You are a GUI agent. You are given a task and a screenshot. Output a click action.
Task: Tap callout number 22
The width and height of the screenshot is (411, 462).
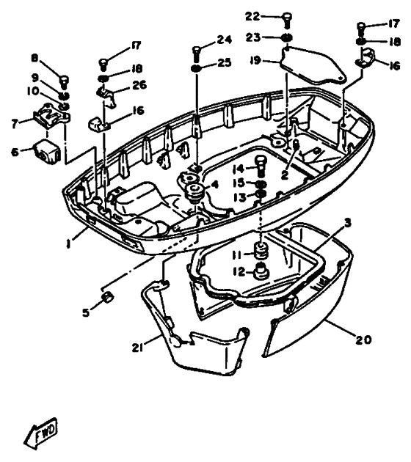pos(252,17)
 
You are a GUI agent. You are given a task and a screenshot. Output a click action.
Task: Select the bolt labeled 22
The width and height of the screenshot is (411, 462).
pos(287,20)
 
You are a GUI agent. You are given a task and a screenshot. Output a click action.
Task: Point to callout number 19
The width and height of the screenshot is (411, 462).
pos(255,60)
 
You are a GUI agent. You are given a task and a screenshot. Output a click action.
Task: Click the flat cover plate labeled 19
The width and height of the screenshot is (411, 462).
pos(313,66)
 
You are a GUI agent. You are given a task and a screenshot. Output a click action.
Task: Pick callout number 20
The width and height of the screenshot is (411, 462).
pos(363,340)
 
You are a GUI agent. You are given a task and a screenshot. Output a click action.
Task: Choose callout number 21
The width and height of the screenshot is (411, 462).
pos(137,348)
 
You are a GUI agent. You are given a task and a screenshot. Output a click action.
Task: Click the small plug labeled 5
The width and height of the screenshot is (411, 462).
pos(107,297)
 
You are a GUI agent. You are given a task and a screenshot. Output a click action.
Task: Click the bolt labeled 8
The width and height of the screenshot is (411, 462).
pos(65,81)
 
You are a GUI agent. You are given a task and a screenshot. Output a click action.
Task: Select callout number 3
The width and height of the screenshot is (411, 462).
pos(348,223)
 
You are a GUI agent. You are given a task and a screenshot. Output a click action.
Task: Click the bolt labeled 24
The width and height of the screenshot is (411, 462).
pos(197,52)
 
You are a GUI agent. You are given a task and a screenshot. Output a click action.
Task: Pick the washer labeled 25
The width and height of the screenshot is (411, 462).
pos(196,68)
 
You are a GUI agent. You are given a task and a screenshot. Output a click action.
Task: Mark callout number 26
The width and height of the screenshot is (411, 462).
pos(139,85)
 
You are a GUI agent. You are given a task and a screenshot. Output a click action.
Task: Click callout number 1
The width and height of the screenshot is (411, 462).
pos(68,243)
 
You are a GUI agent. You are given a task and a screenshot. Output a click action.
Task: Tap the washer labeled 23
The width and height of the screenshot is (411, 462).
pos(287,37)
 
